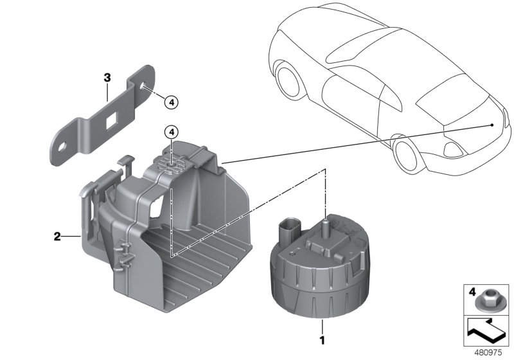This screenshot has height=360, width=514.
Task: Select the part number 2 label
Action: click(57, 237)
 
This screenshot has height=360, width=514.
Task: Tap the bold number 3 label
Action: click(107, 78)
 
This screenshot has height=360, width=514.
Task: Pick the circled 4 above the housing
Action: click(170, 132)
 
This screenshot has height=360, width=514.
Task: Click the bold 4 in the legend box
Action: click(473, 292)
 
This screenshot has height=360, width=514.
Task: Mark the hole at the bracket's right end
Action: click(141, 85)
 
